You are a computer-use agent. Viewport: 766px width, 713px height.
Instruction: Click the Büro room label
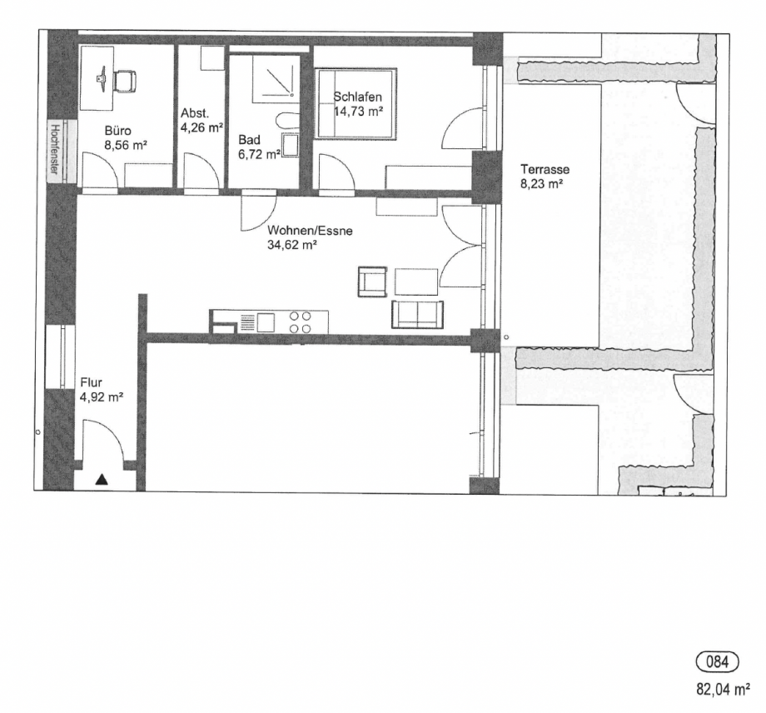pos(118,131)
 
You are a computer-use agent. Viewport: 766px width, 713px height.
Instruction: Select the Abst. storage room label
pos(195,114)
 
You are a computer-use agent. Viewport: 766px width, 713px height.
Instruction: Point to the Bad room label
pos(248,140)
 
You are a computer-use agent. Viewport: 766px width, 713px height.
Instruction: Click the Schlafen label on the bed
pos(358,97)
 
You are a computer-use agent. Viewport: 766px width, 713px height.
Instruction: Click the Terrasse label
pos(541,170)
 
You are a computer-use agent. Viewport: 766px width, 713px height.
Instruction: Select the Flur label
pos(91,382)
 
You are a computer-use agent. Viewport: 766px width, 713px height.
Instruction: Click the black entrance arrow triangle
pos(102,479)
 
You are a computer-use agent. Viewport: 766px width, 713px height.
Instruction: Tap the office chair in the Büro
pos(126,81)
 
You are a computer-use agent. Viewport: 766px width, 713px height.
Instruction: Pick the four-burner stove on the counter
pos(301,322)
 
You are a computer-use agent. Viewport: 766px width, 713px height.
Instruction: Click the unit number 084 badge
pos(717,663)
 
